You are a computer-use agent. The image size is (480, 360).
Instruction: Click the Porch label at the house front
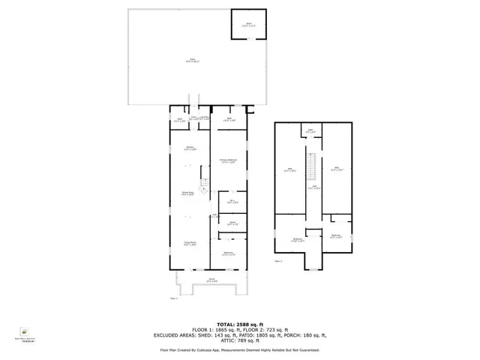click(212, 280)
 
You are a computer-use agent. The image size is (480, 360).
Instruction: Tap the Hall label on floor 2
click(316, 187)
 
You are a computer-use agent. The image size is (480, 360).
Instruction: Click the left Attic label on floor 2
click(291, 169)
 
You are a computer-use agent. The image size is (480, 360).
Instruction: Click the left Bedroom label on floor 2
click(297, 239)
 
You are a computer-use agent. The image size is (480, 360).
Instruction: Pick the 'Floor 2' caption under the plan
click(277, 260)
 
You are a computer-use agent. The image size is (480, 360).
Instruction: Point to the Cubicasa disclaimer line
click(240, 350)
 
